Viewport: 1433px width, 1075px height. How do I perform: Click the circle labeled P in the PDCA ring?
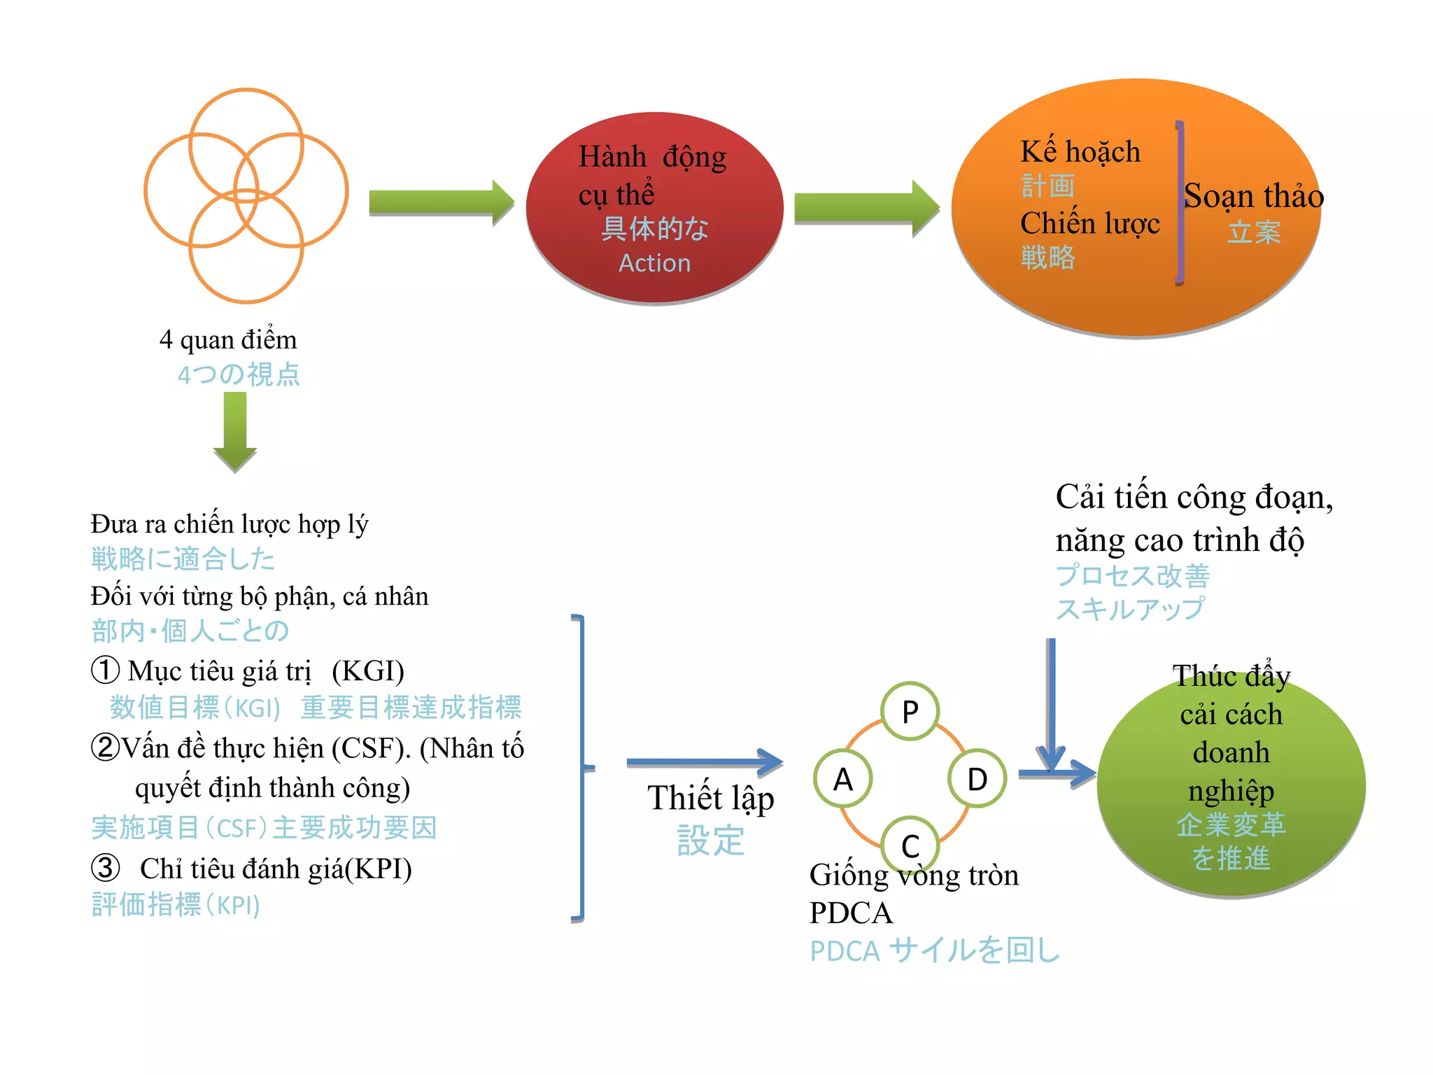(910, 711)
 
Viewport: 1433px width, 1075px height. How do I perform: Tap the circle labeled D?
(977, 778)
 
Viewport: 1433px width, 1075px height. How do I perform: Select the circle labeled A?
(843, 778)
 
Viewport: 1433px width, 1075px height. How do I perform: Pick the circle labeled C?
(910, 845)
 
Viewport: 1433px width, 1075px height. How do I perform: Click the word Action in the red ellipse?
(654, 263)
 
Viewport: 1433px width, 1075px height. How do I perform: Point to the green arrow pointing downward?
(235, 430)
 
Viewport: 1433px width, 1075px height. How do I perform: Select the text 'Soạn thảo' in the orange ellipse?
(1253, 196)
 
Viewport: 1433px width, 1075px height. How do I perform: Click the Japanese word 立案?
(1253, 232)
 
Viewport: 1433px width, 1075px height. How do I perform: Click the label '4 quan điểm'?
(228, 340)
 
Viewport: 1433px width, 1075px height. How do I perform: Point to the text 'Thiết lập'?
(710, 799)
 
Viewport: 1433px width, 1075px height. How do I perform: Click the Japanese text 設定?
(710, 840)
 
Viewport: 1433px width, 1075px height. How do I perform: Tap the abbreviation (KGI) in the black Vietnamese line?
(368, 671)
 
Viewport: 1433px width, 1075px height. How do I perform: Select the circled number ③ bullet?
(106, 869)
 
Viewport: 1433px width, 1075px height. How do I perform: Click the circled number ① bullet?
(106, 670)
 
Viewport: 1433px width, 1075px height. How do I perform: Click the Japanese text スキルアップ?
(1130, 609)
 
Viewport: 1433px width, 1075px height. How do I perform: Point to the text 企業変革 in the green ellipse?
(1231, 824)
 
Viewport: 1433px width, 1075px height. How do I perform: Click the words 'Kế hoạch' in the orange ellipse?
(1080, 152)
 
